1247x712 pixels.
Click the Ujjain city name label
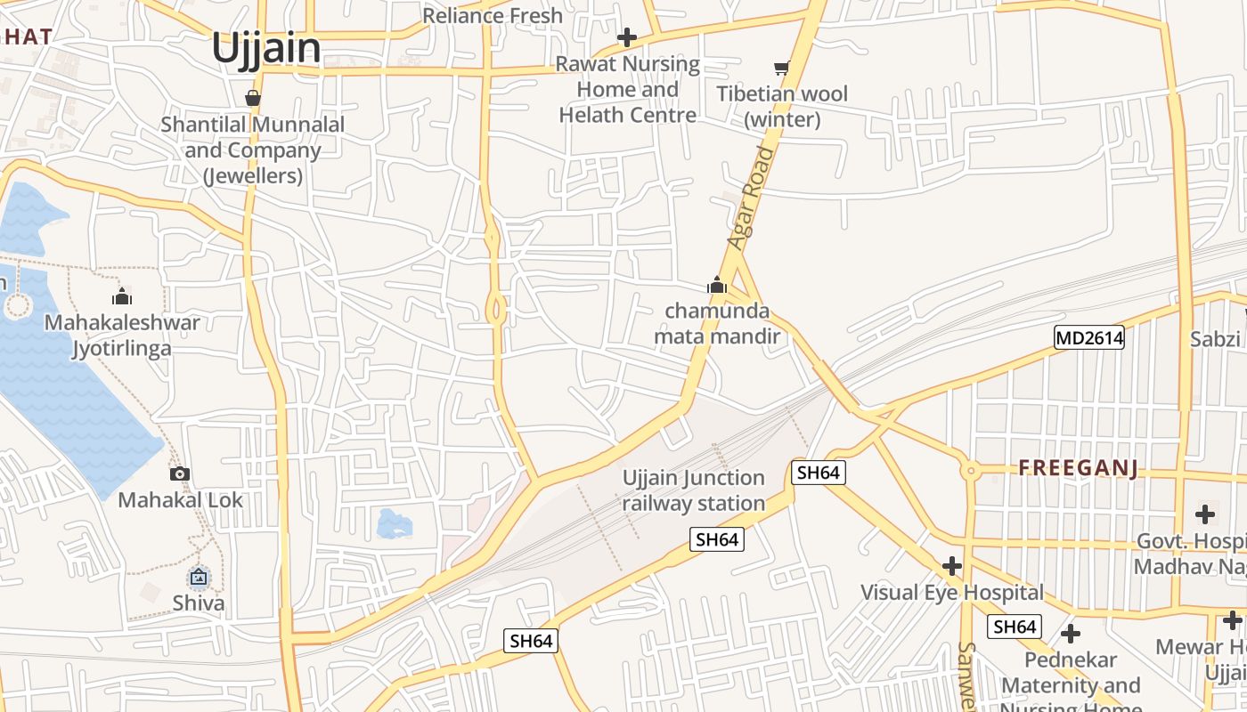(x=266, y=48)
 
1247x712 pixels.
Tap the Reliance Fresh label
(x=493, y=15)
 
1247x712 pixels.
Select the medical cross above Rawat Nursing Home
(x=627, y=37)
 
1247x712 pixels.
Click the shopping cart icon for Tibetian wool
(x=782, y=68)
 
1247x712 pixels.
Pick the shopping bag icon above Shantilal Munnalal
(x=253, y=97)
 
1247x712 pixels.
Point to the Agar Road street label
(x=752, y=198)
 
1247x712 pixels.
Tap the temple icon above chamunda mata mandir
(x=716, y=286)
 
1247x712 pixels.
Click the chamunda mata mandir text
(x=717, y=324)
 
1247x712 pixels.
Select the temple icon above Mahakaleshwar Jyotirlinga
(x=122, y=296)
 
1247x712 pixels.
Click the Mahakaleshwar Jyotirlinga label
(x=122, y=335)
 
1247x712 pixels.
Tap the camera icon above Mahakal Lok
(x=180, y=473)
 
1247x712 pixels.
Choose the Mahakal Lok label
(x=180, y=499)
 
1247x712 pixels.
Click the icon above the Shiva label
(x=199, y=578)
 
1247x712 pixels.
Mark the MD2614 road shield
(x=1088, y=337)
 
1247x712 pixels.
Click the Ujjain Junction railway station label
(x=693, y=490)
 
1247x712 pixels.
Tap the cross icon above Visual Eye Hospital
(x=952, y=566)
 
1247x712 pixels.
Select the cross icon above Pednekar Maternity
(x=1071, y=634)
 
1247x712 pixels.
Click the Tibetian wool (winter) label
(x=782, y=106)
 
